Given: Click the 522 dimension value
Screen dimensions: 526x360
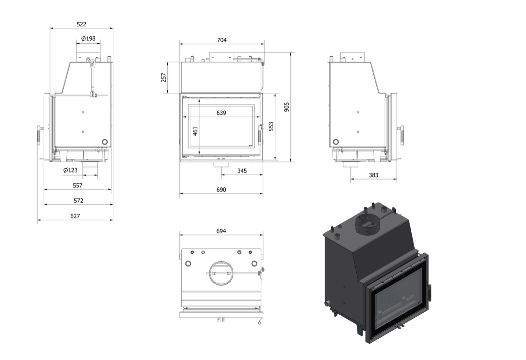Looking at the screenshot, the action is point(81,24).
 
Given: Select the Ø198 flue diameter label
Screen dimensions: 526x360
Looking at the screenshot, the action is point(88,38).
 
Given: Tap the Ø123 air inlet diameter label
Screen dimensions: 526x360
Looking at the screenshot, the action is point(70,170).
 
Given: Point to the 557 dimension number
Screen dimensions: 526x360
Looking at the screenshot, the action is point(78,185).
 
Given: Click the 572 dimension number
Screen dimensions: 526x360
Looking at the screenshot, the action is point(78,201).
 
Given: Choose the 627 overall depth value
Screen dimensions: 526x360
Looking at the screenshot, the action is point(75,216).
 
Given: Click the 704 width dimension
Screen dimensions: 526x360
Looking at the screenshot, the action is point(222,40).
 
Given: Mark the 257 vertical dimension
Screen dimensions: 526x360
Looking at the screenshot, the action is point(164,78).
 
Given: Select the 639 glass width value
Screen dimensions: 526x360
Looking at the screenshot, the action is point(221,113).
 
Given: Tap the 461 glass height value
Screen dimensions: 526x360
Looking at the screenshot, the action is point(195,131).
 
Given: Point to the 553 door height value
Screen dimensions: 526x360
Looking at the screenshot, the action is point(271,126).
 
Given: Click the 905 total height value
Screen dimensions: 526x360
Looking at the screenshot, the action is point(286,107).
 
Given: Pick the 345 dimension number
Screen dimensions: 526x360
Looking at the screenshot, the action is point(242,171).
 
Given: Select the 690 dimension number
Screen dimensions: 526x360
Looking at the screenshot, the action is point(221,190).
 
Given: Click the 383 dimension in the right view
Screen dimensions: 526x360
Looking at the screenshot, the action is point(373,175).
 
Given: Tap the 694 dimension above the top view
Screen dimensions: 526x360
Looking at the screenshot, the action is point(221,231).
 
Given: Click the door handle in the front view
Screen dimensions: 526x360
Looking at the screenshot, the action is point(260,135).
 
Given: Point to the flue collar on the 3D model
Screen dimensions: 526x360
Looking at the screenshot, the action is point(366,225).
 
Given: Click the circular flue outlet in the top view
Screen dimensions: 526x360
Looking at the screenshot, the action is point(221,273).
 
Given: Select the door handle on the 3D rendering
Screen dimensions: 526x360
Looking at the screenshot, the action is point(430,293).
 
